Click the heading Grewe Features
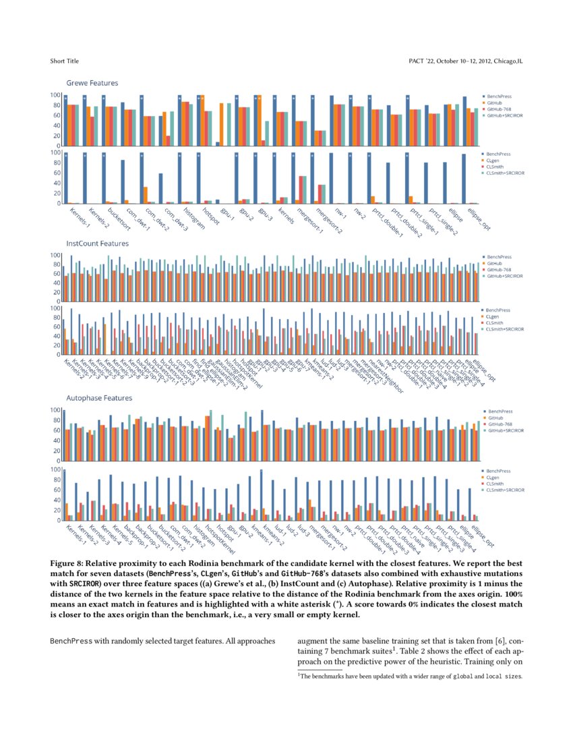pyautogui.click(x=92, y=83)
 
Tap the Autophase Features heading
pyautogui.click(x=98, y=398)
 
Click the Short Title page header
pyautogui.click(x=64, y=61)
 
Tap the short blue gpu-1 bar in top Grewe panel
pyautogui.click(x=218, y=144)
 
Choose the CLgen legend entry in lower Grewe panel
pyautogui.click(x=493, y=161)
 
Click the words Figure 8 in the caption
pyautogui.click(x=68, y=562)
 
